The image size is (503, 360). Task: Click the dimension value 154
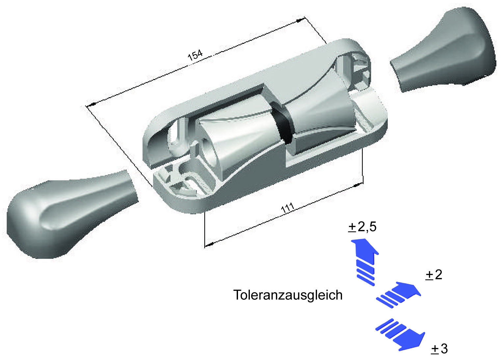click(195, 55)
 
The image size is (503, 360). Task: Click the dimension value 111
click(287, 208)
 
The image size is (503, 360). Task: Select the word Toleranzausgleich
click(288, 295)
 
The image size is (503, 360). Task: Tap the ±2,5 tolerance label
click(362, 227)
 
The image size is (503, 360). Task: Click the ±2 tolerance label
click(434, 274)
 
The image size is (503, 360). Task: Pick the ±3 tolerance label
click(439, 348)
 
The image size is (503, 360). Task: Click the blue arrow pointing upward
click(365, 260)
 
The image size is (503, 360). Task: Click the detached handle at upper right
click(444, 53)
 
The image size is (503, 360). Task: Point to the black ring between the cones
click(282, 124)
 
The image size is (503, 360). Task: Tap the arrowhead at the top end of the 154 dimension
click(300, 20)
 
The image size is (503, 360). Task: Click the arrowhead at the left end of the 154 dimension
click(91, 104)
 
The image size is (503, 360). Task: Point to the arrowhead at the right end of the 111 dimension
click(357, 185)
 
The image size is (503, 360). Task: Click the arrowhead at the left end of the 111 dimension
click(209, 244)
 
